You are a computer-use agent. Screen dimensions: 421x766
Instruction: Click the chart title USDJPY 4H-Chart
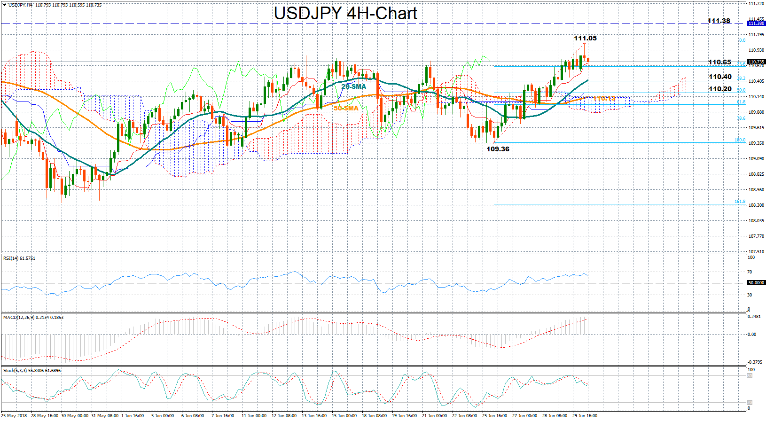coord(345,13)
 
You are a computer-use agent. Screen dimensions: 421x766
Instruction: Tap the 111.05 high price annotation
coord(585,38)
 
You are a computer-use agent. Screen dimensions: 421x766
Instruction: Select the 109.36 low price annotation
coord(498,149)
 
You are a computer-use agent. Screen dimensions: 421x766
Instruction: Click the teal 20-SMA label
coord(353,86)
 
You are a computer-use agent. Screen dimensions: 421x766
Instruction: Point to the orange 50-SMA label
coord(346,108)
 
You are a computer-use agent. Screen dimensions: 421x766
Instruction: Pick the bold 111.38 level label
coord(719,21)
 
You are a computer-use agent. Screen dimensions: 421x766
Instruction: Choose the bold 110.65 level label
coord(719,62)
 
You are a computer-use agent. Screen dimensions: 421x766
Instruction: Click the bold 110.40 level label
coord(720,77)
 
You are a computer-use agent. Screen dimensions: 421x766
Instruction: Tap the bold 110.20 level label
coord(720,89)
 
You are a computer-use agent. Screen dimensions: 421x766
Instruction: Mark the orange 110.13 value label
coord(604,98)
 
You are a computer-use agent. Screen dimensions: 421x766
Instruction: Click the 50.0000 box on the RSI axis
coord(756,283)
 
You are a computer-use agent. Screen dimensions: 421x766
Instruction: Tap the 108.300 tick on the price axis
coord(756,205)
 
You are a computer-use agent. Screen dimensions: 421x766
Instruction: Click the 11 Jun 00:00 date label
coord(254,416)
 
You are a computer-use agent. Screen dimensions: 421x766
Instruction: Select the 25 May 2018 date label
coord(14,416)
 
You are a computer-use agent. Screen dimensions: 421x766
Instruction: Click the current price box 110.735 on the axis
coord(756,62)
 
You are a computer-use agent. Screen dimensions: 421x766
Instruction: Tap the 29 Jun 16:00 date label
coord(585,416)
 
